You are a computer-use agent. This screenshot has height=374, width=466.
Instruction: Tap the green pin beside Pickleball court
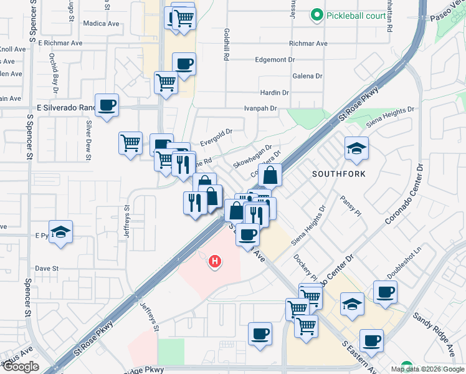[x=317, y=14]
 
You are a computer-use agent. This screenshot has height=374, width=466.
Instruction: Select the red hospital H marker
[x=215, y=262]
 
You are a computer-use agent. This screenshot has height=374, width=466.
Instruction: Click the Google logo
[x=21, y=367]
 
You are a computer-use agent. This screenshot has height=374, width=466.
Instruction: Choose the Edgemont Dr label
[x=275, y=60]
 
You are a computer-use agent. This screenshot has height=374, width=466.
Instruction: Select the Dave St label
[x=47, y=269]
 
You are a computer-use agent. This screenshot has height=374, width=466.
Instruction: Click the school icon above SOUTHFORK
[x=356, y=148]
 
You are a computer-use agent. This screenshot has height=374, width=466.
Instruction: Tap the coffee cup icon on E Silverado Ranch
[x=107, y=105]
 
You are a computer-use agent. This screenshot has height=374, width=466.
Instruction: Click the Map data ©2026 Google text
[x=427, y=369]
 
